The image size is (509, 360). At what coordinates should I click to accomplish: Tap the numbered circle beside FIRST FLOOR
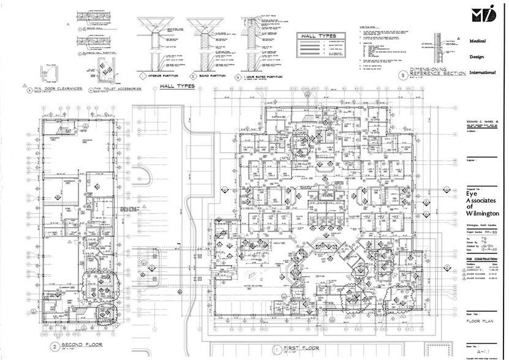point(277,348)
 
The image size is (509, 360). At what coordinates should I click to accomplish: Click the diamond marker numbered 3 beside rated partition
point(236,77)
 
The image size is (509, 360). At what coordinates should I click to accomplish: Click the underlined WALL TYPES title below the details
point(177,86)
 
